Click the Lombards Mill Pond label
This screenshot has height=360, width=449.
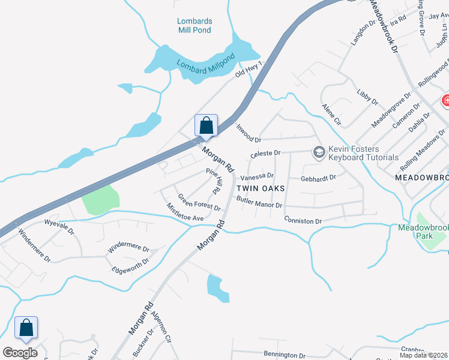click(x=194, y=25)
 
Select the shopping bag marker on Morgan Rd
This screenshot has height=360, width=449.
click(x=206, y=126)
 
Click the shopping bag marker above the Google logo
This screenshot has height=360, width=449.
click(x=26, y=328)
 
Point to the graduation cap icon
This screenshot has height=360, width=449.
click(x=319, y=153)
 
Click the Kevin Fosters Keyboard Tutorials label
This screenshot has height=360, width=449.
click(x=363, y=154)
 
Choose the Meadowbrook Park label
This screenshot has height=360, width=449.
click(x=415, y=232)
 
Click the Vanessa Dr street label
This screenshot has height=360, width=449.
click(x=257, y=178)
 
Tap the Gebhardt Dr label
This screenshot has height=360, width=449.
click(x=318, y=178)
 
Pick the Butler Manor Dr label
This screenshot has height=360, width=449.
click(x=259, y=202)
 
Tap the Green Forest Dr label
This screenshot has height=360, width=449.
click(x=199, y=202)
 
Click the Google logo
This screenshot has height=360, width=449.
click(x=20, y=352)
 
